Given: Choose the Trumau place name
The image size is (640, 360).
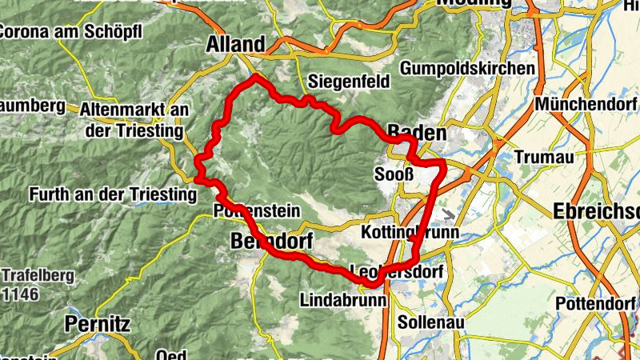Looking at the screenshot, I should [544, 157].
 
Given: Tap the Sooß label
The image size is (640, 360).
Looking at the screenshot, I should [394, 174].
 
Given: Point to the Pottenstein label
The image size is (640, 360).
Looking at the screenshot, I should [257, 211].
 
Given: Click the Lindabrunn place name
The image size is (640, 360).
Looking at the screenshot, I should [344, 301].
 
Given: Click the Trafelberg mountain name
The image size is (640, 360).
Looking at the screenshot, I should [38, 276].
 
